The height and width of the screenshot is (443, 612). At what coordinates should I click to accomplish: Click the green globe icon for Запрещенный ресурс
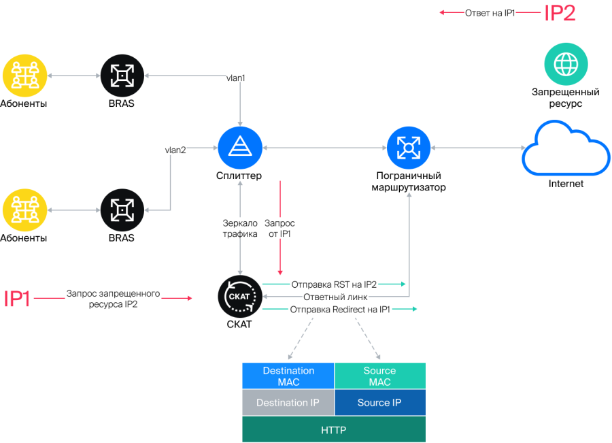pos(566,64)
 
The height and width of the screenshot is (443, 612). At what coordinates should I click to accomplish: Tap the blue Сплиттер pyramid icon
pos(240,148)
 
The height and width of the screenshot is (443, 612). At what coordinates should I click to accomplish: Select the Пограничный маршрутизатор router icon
pos(409,148)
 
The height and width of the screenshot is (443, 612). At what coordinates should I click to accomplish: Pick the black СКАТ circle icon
pos(240,297)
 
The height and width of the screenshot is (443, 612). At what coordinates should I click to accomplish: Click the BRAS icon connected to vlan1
pos(122,76)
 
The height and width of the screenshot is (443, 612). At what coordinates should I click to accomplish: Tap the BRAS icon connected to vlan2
pos(122,210)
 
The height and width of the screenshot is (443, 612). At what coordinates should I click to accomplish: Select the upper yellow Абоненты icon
pos(25,76)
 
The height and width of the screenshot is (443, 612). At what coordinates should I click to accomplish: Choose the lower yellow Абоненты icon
pos(25,210)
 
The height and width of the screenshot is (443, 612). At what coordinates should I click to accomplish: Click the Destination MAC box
pos(288,376)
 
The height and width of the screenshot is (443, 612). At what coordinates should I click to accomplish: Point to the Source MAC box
pos(380,376)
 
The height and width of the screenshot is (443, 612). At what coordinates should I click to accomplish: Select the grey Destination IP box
pos(288,402)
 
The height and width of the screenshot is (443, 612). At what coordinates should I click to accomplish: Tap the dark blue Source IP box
pos(380,402)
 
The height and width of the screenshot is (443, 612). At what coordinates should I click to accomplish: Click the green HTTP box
pos(334,429)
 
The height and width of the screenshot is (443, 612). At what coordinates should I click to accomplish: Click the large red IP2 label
pos(560,13)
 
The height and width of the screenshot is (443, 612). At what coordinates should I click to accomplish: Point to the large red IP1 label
pos(17,299)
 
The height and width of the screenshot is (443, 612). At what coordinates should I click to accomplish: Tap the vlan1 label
pos(236,78)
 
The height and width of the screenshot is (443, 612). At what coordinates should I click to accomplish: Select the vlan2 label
pos(175,150)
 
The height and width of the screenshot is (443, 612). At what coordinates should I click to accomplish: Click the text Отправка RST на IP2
pos(334,284)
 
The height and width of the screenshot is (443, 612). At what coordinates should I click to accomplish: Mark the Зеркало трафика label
pos(240,229)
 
